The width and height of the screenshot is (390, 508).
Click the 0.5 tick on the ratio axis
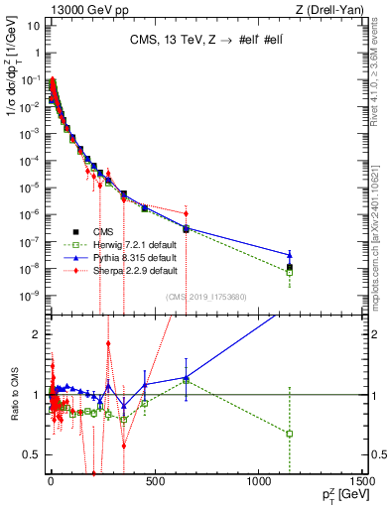tap(32, 454)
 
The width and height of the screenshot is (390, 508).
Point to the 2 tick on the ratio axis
tap(36, 334)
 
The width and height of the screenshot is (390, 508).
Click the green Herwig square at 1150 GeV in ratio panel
tap(290, 434)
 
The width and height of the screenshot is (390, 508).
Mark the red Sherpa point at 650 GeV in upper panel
tap(186, 210)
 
